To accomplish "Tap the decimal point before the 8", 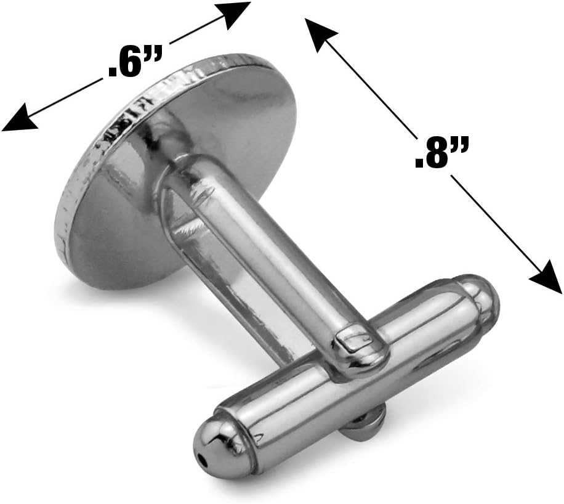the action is click(x=419, y=163).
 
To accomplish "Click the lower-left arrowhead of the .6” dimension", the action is click(x=20, y=118).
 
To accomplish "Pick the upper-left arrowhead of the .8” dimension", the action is click(x=321, y=35).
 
